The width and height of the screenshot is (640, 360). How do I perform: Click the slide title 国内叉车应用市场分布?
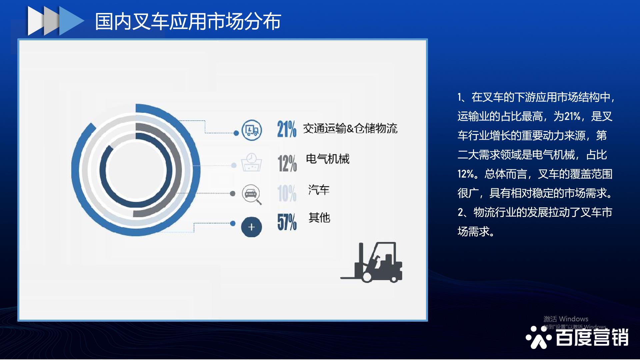click(x=188, y=21)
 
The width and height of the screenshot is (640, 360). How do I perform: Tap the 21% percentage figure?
click(x=287, y=129)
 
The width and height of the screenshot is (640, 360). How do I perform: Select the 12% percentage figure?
click(x=287, y=163)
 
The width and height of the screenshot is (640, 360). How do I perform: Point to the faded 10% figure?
click(x=287, y=193)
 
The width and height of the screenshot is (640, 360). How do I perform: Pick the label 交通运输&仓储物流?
click(x=350, y=128)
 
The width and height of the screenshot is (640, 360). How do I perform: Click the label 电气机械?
click(x=328, y=159)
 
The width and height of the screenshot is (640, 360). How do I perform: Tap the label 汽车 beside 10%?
click(x=319, y=190)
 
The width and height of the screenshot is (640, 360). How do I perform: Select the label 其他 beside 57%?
click(x=319, y=218)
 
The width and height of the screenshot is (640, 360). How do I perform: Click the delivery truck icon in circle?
click(x=252, y=130)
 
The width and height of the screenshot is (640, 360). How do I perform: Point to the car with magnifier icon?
click(x=252, y=194)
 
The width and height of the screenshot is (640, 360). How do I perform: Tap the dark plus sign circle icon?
click(x=252, y=227)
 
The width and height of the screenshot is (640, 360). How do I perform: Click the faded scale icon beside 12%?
click(x=252, y=162)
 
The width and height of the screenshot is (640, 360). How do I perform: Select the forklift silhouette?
click(x=371, y=262)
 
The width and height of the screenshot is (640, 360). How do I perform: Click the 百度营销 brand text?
click(x=592, y=337)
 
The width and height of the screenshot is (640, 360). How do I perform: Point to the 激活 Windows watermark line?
click(x=566, y=319)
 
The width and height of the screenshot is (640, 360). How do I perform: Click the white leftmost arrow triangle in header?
click(x=36, y=21)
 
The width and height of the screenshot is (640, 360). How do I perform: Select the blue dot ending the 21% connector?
click(x=236, y=133)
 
